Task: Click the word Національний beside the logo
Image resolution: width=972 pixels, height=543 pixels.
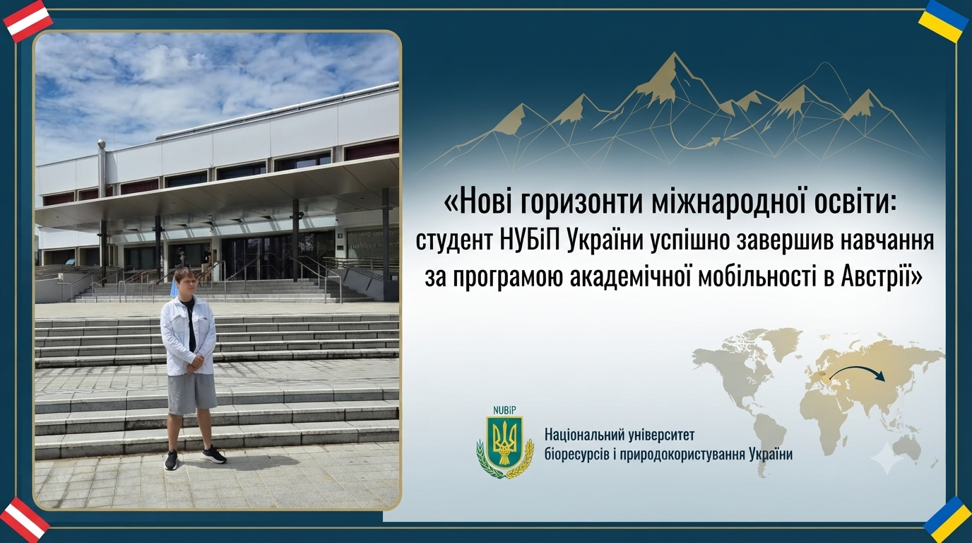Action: click(590, 435)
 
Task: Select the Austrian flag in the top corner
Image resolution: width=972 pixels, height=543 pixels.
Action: click(28, 21)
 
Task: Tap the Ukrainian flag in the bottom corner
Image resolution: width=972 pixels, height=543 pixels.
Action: click(945, 520)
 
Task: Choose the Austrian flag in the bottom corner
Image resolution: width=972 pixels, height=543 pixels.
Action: click(26, 520)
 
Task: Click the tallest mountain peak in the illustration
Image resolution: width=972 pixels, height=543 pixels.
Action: click(674, 54)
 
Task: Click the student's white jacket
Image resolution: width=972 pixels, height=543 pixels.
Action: click(188, 335)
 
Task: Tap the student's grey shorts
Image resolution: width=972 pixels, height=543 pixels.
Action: click(192, 393)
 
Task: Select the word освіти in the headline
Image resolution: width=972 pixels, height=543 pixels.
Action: click(855, 203)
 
